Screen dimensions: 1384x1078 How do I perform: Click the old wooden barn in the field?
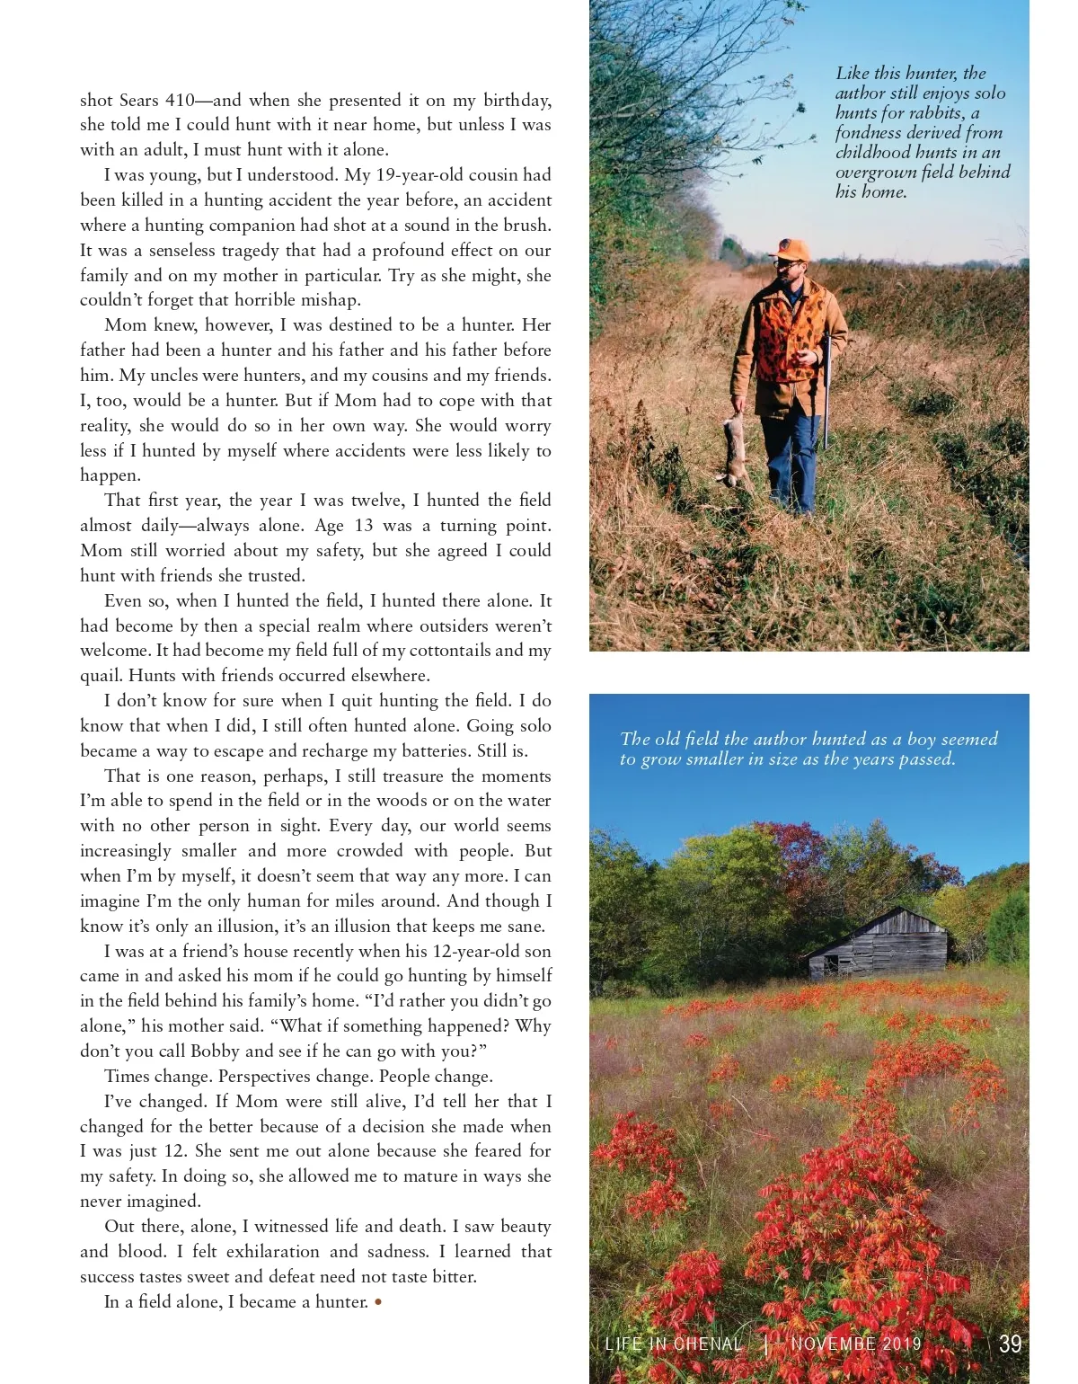pyautogui.click(x=879, y=945)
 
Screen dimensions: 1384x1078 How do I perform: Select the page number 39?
pyautogui.click(x=1011, y=1344)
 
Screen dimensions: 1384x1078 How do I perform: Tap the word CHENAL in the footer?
pyautogui.click(x=708, y=1344)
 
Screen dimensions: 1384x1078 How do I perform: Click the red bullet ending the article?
pyautogui.click(x=378, y=1301)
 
